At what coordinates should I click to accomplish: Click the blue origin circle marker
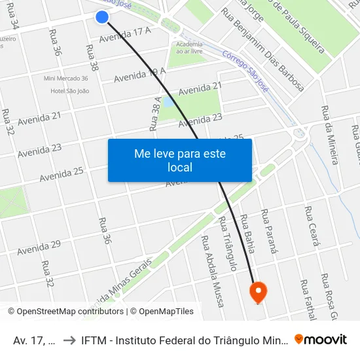(101, 17)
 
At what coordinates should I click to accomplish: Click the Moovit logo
(321, 339)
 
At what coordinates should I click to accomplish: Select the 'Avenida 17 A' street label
(125, 34)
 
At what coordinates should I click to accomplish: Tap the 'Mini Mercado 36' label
(65, 79)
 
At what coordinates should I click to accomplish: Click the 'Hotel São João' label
(69, 91)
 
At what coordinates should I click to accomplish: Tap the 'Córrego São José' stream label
(245, 72)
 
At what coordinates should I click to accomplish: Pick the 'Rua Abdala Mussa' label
(213, 271)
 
